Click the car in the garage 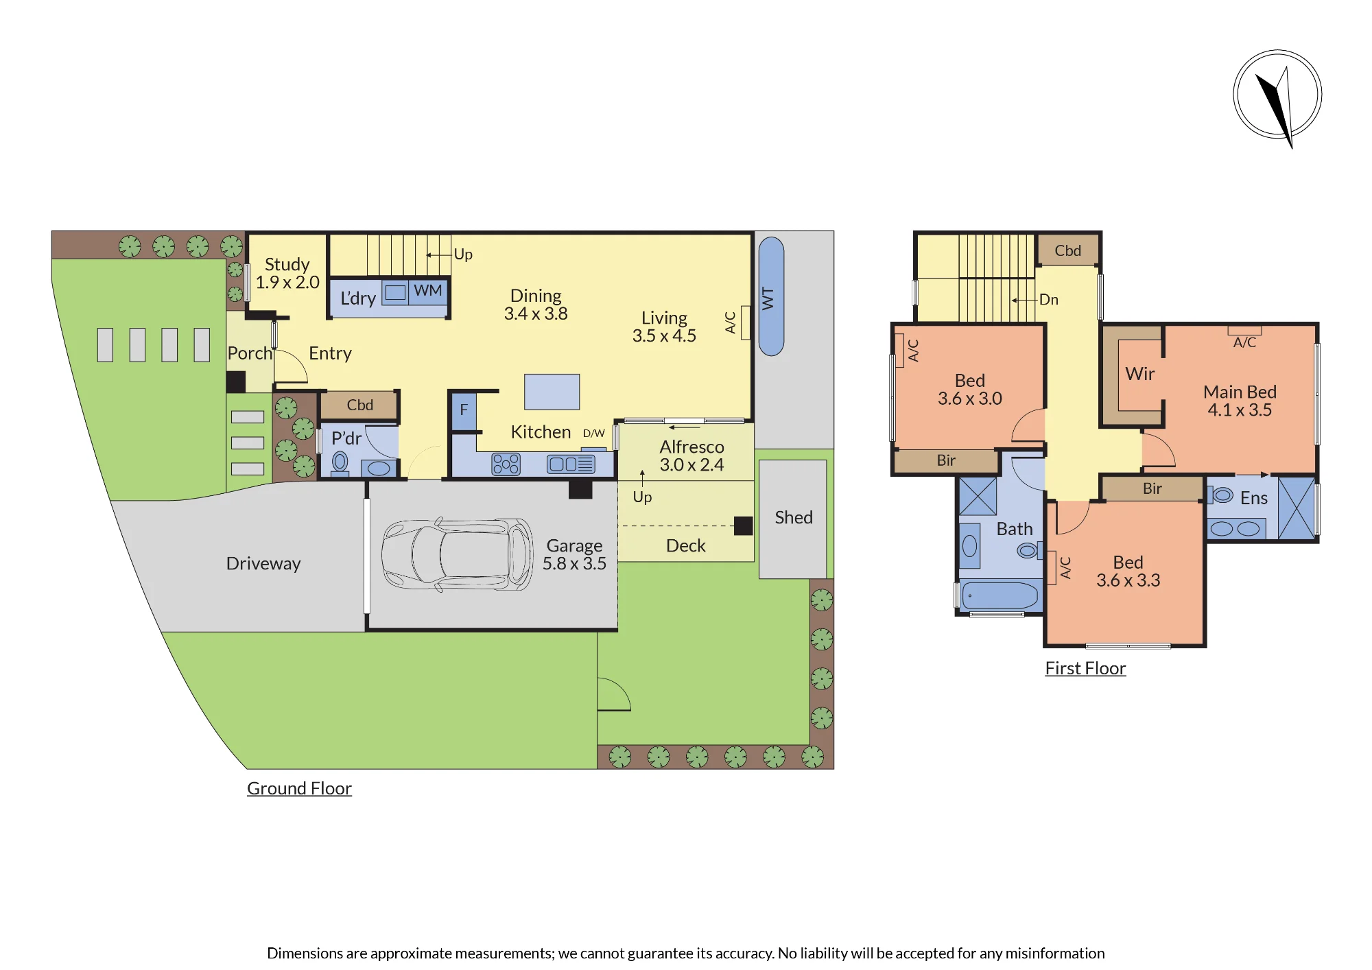tap(457, 554)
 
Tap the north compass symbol tap(1277, 96)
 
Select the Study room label tap(287, 264)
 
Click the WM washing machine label tap(427, 290)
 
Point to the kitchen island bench tap(552, 392)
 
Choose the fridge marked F tap(464, 410)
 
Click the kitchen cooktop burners tap(506, 464)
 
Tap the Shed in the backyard tap(793, 519)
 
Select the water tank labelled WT tap(771, 296)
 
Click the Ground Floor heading tap(299, 789)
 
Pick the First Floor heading tap(1085, 668)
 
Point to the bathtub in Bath tap(1000, 595)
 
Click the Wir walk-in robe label tap(1140, 374)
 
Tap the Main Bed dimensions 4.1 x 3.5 tap(1240, 410)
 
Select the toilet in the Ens tap(1220, 495)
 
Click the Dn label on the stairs tap(1048, 300)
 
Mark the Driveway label tap(263, 564)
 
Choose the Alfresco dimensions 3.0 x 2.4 tap(691, 465)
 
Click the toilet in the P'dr tap(340, 463)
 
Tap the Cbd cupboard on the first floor tap(1068, 251)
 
